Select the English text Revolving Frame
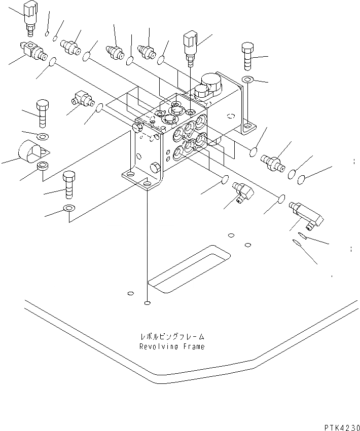coord(172,347)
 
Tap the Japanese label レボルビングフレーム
coord(172,336)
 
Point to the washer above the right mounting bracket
coord(248,80)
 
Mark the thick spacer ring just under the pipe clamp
coord(43,166)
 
